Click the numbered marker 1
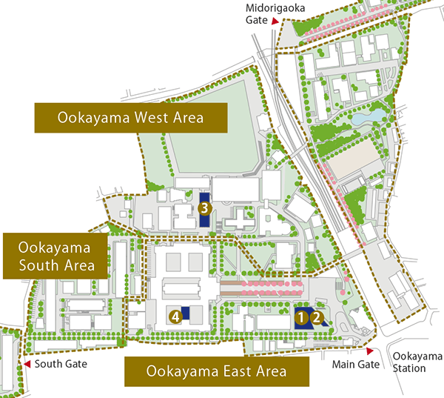coord(301,316)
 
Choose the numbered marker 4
coord(175,316)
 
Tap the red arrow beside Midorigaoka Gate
coord(275,21)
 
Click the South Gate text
coord(61,364)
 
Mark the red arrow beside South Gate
coord(27,364)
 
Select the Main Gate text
coord(355,364)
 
